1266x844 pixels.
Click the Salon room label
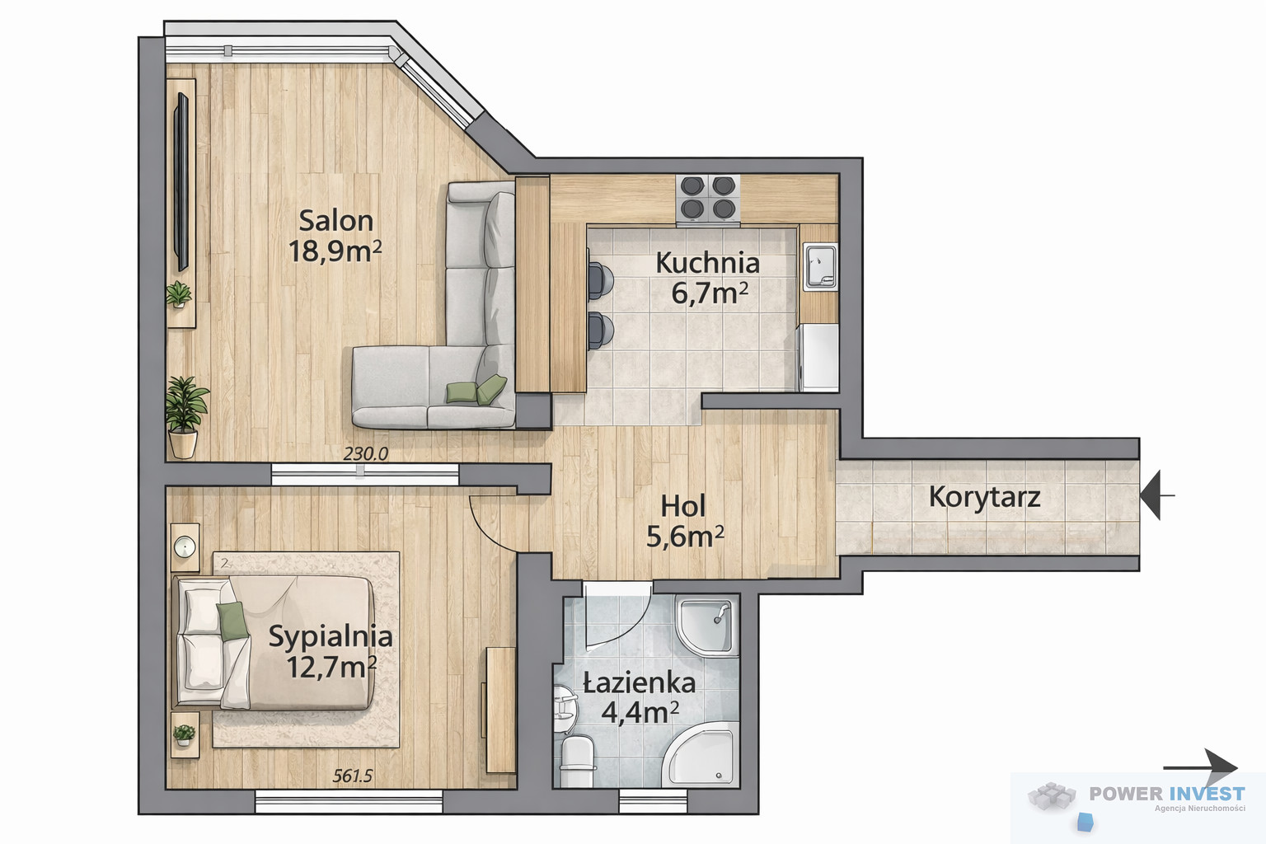coord(335,220)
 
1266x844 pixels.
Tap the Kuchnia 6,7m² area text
coord(710,293)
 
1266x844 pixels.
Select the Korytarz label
coord(985,497)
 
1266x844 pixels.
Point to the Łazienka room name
coord(640,683)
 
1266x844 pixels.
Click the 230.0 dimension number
coord(366,453)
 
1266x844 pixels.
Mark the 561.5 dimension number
coord(353,776)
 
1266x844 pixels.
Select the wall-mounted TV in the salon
coord(182,181)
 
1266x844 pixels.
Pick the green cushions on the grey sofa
coord(476,390)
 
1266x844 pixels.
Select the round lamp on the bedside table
coord(185,546)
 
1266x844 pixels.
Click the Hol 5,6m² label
coord(684,521)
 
